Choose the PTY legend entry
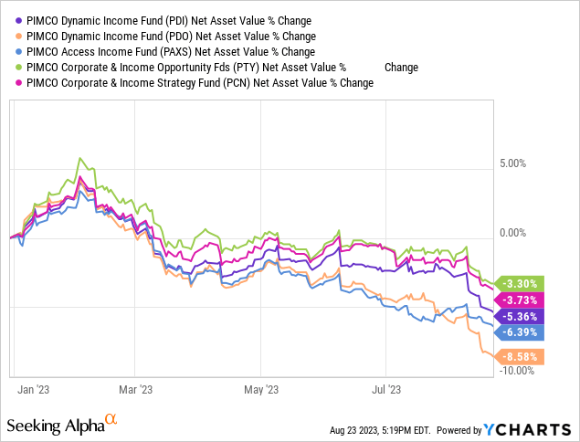point(219,67)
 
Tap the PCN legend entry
point(201,83)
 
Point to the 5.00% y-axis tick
point(512,163)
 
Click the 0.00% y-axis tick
point(512,233)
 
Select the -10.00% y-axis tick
point(516,370)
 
